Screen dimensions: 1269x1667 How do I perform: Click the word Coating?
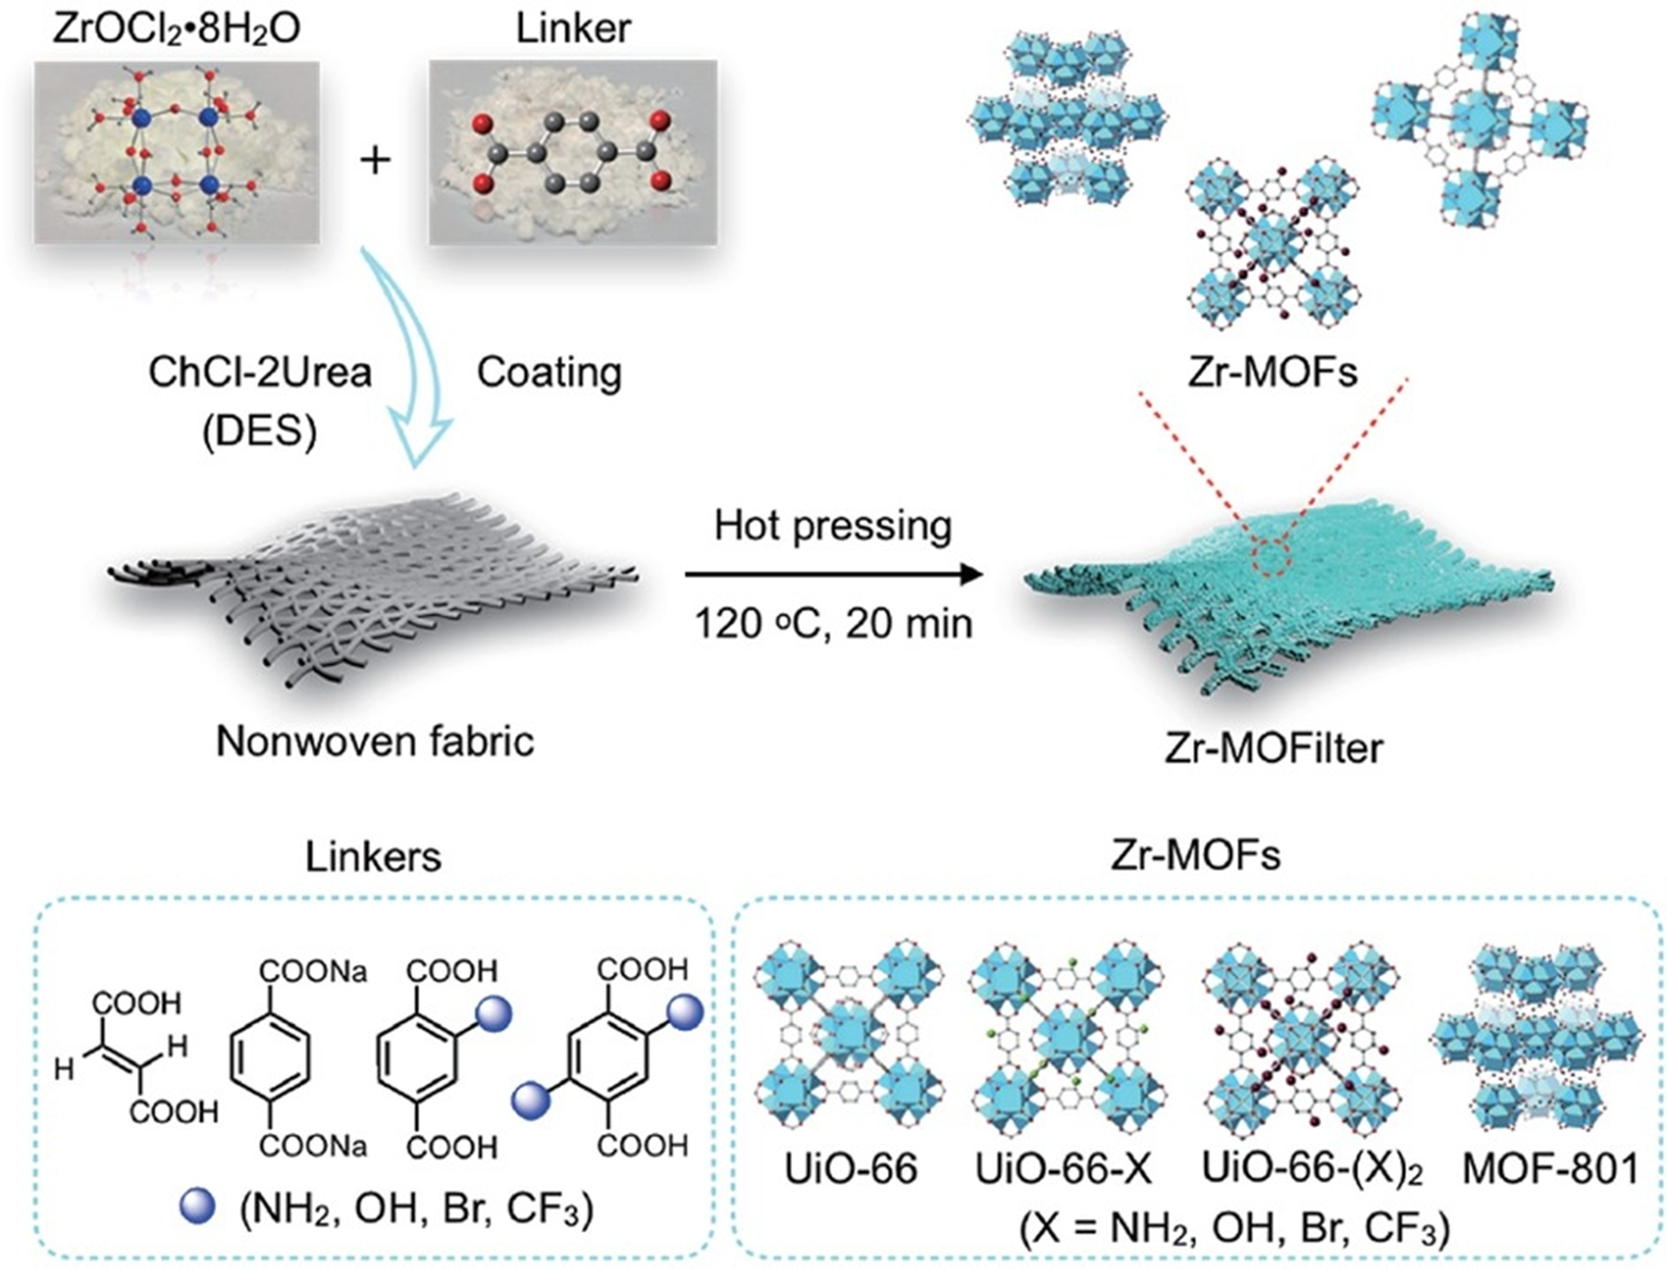pos(550,372)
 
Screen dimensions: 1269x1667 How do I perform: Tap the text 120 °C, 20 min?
pos(834,625)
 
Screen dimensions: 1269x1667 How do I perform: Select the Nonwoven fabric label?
pos(375,742)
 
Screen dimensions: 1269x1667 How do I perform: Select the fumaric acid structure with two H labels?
pos(136,1057)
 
